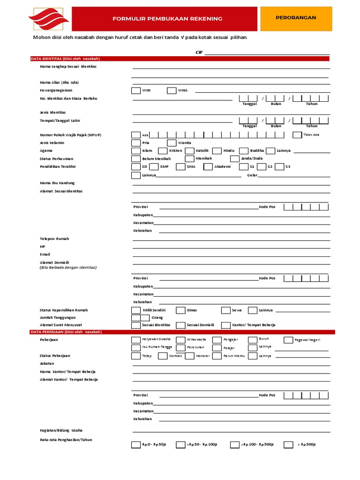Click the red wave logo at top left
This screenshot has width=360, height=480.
click(x=49, y=18)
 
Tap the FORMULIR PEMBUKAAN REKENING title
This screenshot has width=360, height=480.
click(x=167, y=19)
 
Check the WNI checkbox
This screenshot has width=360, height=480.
click(x=135, y=90)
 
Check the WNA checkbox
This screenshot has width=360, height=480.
click(x=171, y=90)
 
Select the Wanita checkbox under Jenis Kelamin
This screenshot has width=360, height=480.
click(x=171, y=143)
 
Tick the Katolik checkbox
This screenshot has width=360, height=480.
click(x=189, y=151)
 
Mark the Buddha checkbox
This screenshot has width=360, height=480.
click(x=243, y=151)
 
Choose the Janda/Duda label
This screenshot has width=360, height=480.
click(x=251, y=158)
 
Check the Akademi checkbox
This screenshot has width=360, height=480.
click(x=208, y=166)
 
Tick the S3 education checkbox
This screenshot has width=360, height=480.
click(x=279, y=166)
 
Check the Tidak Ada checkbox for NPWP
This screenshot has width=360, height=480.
click(x=297, y=135)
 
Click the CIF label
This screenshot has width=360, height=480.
click(x=199, y=52)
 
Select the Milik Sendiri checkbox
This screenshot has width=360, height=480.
click(x=135, y=310)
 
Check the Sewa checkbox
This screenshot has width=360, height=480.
click(x=225, y=310)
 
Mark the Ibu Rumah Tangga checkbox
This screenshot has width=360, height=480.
click(x=135, y=348)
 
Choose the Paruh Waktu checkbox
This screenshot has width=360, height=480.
click(x=217, y=356)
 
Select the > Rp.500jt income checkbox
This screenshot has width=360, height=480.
click(x=289, y=445)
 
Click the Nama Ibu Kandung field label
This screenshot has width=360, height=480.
click(x=57, y=183)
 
